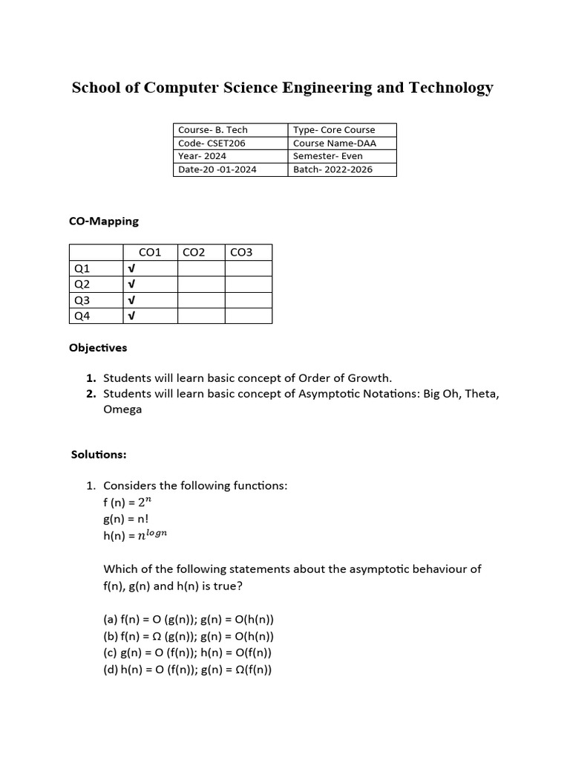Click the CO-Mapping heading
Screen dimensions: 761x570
tap(104, 221)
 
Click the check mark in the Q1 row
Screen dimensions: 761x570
tap(131, 269)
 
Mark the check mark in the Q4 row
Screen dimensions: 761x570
tap(131, 317)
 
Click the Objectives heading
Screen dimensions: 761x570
tap(98, 348)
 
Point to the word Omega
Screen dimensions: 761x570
tap(122, 409)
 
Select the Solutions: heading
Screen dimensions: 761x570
tap(99, 454)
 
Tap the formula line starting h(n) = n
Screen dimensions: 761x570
tap(141, 535)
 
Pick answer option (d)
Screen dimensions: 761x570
tap(188, 670)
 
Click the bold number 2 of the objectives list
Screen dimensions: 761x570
tap(91, 394)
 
